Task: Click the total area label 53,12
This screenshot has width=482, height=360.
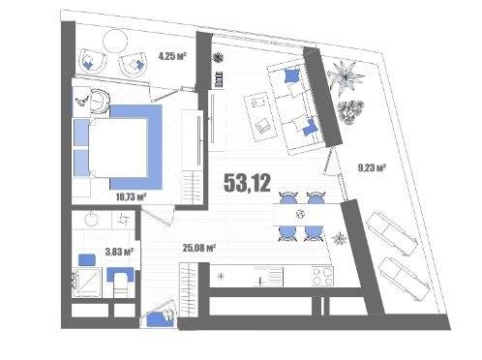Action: (x=247, y=183)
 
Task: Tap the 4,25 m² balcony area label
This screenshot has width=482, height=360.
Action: (x=173, y=56)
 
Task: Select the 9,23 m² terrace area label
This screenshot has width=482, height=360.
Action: (x=372, y=167)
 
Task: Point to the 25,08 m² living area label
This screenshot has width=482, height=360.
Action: (x=199, y=248)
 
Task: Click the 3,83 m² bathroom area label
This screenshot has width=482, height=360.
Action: (x=119, y=252)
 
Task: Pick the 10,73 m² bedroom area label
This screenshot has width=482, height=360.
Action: (x=132, y=196)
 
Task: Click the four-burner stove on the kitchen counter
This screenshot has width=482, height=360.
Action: (x=322, y=277)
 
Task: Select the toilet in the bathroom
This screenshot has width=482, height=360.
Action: (x=121, y=283)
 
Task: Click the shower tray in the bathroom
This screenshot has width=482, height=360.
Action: (x=87, y=282)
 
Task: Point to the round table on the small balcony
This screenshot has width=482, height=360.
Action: (x=115, y=41)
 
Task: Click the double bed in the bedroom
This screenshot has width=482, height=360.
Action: (x=118, y=147)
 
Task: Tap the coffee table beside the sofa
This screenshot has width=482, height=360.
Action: (x=260, y=117)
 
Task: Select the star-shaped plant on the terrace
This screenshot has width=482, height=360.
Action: (x=346, y=77)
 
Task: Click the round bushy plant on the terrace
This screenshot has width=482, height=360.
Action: (x=350, y=111)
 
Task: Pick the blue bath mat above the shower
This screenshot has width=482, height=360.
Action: (x=87, y=260)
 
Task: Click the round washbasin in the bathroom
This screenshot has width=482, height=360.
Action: (x=92, y=219)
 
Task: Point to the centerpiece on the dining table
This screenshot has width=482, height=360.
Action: (x=301, y=214)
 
